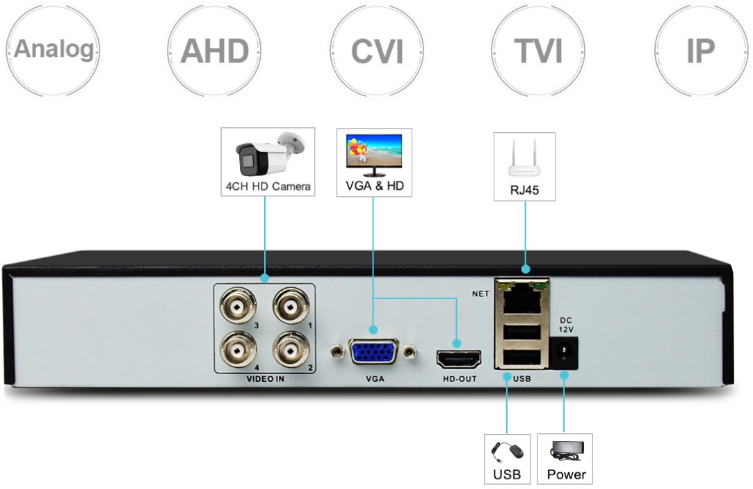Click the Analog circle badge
[x=54, y=50]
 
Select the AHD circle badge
[x=214, y=51]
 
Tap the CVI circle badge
[x=376, y=51]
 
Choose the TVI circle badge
[x=538, y=51]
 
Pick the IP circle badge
[x=700, y=51]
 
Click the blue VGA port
[x=373, y=353]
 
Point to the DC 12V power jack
[x=564, y=353]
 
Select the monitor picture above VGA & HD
[x=374, y=155]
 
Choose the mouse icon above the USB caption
[x=507, y=451]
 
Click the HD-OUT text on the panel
[x=460, y=380]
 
